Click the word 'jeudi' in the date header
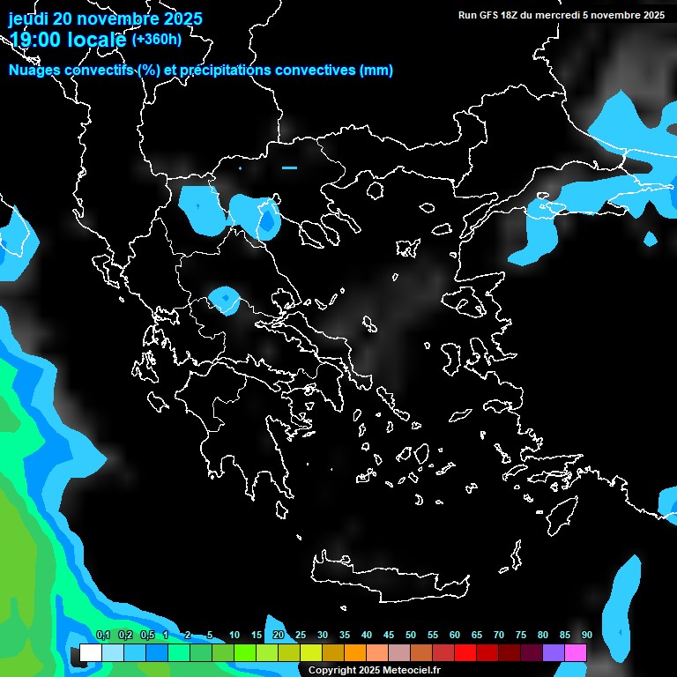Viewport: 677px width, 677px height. coord(28,19)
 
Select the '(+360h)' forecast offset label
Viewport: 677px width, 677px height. coord(157,39)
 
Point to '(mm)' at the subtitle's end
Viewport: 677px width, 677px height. coord(376,71)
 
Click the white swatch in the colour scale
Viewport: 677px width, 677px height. coord(91,653)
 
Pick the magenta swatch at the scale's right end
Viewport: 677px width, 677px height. coord(576,653)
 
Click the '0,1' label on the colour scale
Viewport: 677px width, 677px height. coord(103,636)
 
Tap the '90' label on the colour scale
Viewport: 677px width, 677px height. coord(586,636)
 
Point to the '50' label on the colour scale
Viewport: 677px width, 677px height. coord(411,636)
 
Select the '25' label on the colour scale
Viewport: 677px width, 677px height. coord(301,636)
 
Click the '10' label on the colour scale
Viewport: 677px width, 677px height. coord(234,636)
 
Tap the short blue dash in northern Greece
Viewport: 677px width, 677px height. coord(289,167)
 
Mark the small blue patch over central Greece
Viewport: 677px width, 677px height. coord(226,300)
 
